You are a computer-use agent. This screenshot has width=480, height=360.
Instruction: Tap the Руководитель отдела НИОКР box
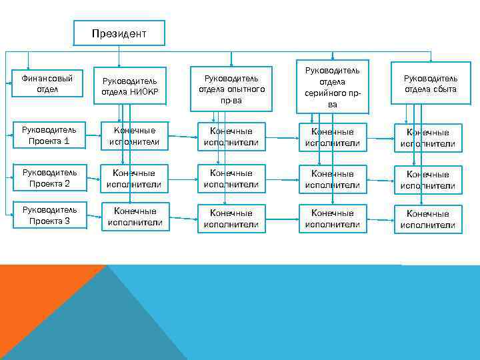click(129, 86)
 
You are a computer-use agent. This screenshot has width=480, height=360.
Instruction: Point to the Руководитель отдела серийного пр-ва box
click(333, 87)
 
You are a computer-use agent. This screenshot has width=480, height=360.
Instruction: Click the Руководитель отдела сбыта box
click(430, 83)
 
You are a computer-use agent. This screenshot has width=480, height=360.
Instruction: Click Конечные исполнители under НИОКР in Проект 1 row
click(134, 137)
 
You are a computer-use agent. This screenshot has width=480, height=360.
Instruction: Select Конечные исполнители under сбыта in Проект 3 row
click(427, 219)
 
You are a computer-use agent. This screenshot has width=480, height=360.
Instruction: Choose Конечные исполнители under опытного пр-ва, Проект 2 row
click(231, 179)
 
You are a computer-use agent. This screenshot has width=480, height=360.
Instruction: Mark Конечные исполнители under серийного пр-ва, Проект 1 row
click(333, 137)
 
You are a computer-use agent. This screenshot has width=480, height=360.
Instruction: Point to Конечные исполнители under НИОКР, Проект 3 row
click(134, 217)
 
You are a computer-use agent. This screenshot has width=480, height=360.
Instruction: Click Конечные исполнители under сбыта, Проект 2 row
click(427, 179)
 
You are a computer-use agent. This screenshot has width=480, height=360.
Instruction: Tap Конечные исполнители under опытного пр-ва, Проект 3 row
click(231, 218)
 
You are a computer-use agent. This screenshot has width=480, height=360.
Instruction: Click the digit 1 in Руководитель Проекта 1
click(67, 141)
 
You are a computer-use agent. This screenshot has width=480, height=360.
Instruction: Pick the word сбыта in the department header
click(444, 89)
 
